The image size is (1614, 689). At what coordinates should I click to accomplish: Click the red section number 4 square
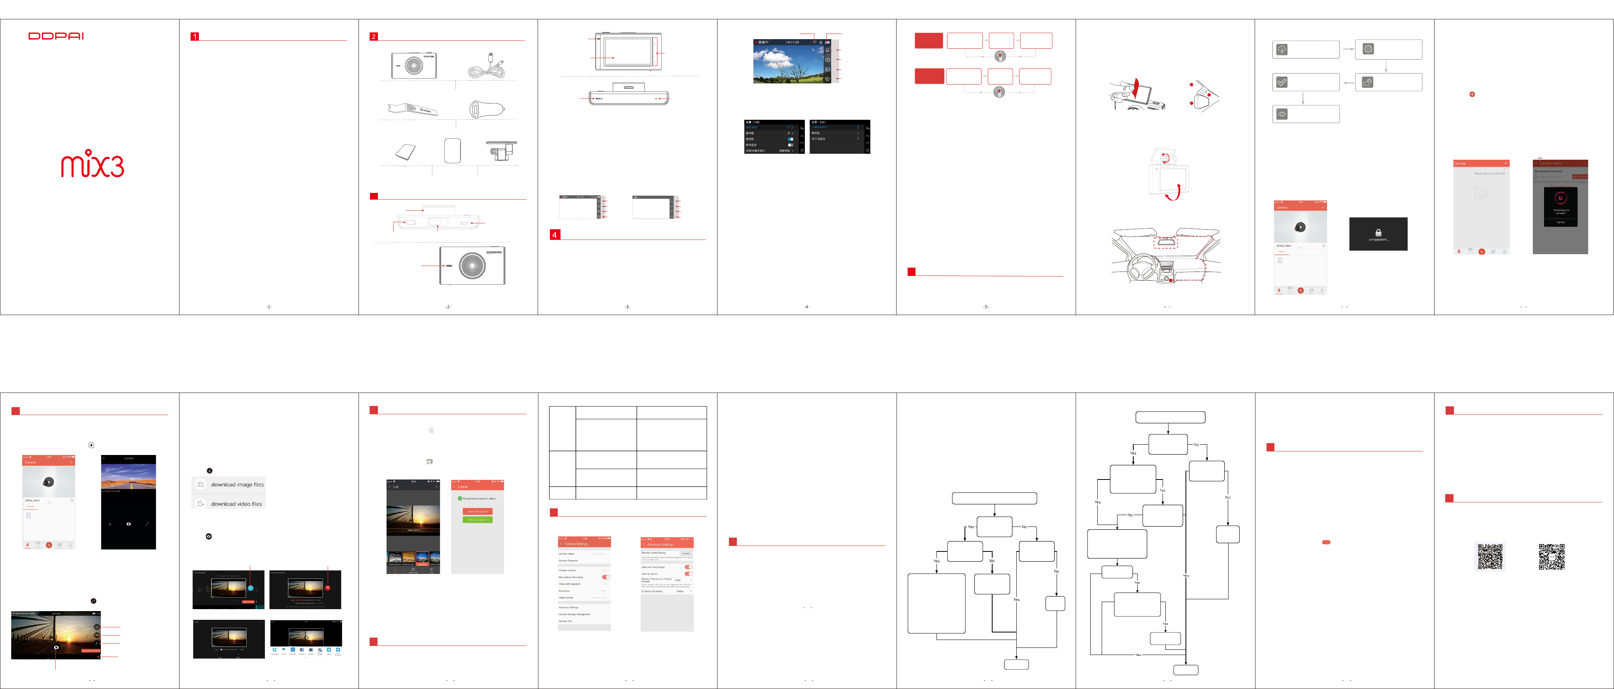pyautogui.click(x=555, y=235)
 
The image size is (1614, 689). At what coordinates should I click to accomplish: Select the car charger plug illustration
pyautogui.click(x=486, y=109)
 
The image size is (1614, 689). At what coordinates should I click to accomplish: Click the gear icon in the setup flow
pyautogui.click(x=1368, y=49)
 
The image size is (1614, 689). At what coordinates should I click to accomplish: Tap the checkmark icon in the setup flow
pyautogui.click(x=1282, y=82)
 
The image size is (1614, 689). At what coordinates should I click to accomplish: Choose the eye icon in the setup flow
pyautogui.click(x=1282, y=114)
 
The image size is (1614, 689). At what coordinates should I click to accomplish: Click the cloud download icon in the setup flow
pyautogui.click(x=1282, y=49)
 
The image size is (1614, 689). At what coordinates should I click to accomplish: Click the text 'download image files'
pyautogui.click(x=237, y=484)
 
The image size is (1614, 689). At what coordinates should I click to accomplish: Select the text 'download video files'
pyautogui.click(x=236, y=504)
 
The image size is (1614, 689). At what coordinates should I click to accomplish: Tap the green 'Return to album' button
pyautogui.click(x=478, y=520)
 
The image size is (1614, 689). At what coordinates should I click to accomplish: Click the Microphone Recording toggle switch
pyautogui.click(x=605, y=577)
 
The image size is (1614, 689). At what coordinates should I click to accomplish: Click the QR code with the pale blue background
pyautogui.click(x=1490, y=556)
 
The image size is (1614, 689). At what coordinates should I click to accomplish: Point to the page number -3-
pyautogui.click(x=627, y=307)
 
